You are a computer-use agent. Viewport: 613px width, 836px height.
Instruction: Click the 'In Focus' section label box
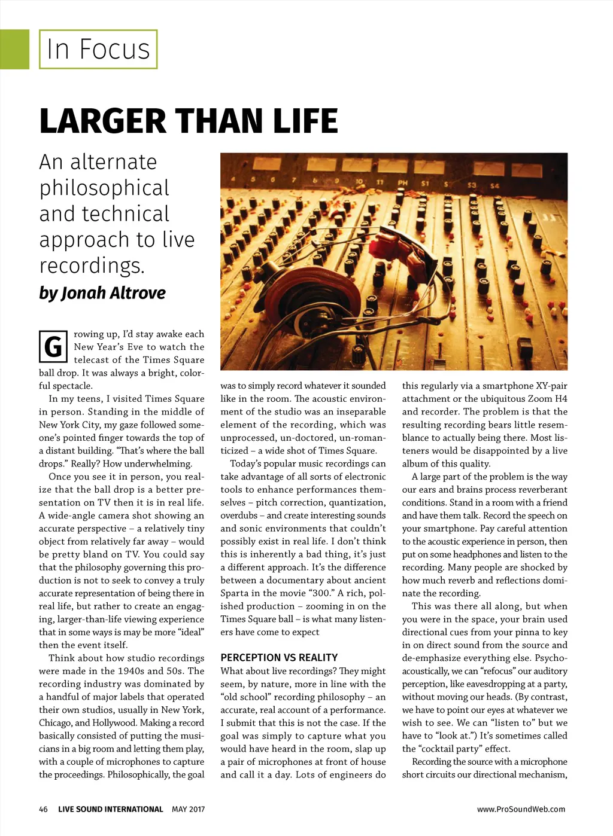[x=98, y=49]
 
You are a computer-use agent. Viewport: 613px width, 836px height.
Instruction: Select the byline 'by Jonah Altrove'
[x=102, y=293]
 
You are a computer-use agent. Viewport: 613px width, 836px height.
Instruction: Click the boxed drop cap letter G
[x=53, y=346]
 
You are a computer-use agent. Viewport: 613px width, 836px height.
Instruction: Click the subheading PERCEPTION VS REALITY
[x=279, y=657]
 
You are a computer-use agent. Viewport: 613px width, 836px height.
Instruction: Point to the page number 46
[x=43, y=809]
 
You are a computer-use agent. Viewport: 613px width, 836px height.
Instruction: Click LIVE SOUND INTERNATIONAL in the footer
[x=110, y=809]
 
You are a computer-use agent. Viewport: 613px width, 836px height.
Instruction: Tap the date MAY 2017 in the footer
[x=188, y=809]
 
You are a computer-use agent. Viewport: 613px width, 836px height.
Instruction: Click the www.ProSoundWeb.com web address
[x=521, y=809]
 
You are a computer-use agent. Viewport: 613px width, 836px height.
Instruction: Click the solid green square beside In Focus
[x=14, y=49]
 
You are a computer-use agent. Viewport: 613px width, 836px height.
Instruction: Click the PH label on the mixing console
[x=402, y=182]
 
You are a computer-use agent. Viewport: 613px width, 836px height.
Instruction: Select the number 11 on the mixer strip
[x=380, y=181]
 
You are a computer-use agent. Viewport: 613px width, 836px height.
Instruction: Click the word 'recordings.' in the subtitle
[x=92, y=266]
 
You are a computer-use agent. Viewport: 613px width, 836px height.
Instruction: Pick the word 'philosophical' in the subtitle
[x=105, y=188]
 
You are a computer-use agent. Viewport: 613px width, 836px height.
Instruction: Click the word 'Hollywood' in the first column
[x=116, y=723]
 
